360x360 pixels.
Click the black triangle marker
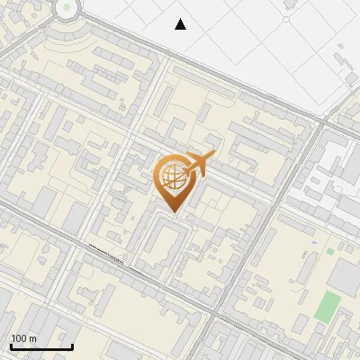pyautogui.click(x=181, y=24)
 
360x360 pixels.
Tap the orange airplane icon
pyautogui.click(x=200, y=165)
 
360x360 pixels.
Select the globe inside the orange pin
pyautogui.click(x=173, y=176)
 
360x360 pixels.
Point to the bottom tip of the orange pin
pyautogui.click(x=173, y=212)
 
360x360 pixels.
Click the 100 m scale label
pyautogui.click(x=23, y=338)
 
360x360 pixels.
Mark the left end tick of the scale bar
pyautogui.click(x=11, y=346)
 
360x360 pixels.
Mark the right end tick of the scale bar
pyautogui.click(x=72, y=346)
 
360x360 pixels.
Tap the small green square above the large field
pyautogui.click(x=330, y=250)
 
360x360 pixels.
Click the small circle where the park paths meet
pyautogui.click(x=286, y=18)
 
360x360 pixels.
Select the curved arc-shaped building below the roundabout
pyautogui.click(x=63, y=40)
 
